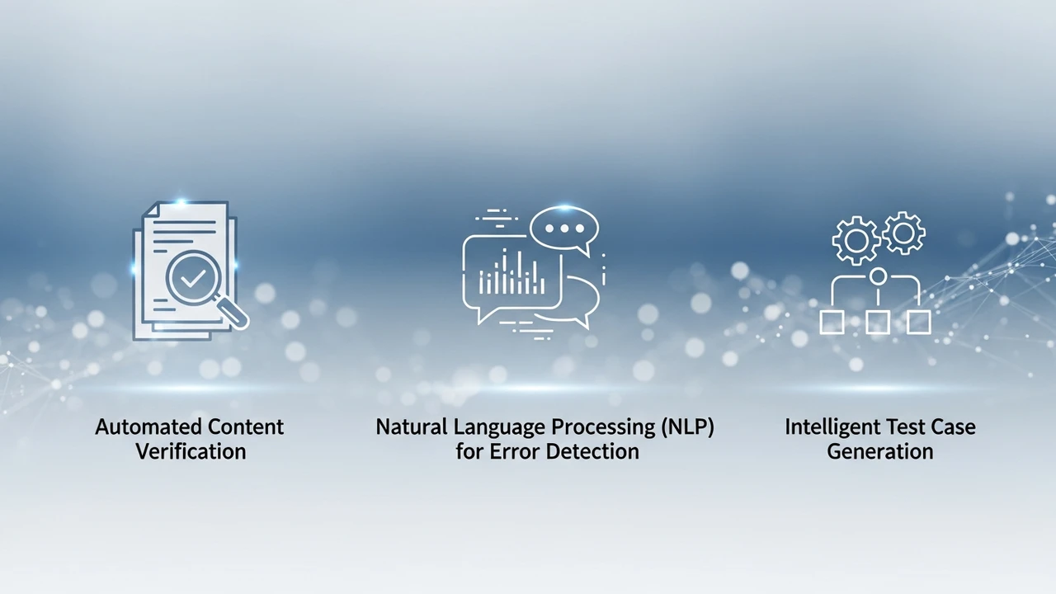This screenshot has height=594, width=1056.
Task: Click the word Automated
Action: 148,427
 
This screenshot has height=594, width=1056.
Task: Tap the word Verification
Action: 191,451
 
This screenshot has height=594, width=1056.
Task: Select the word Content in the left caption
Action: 246,427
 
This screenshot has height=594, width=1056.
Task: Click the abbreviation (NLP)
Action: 687,427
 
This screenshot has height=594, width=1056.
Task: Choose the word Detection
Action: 593,451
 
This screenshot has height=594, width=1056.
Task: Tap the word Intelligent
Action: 832,427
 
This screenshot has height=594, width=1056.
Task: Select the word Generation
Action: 880,451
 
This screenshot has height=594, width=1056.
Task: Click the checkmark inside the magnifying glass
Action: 192,278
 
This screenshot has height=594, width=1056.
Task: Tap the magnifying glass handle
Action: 233,312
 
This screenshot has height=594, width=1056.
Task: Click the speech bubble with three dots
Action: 564,230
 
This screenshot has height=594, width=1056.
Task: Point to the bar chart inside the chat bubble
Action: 512,272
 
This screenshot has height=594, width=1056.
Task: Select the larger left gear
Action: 856,240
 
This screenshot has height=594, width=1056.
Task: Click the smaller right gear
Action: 903,233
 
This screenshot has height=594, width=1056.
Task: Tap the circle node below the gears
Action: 878,276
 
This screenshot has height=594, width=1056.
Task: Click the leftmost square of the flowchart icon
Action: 832,323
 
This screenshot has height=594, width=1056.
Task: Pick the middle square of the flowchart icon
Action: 878,323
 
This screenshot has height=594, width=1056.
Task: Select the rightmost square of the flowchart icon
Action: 919,323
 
